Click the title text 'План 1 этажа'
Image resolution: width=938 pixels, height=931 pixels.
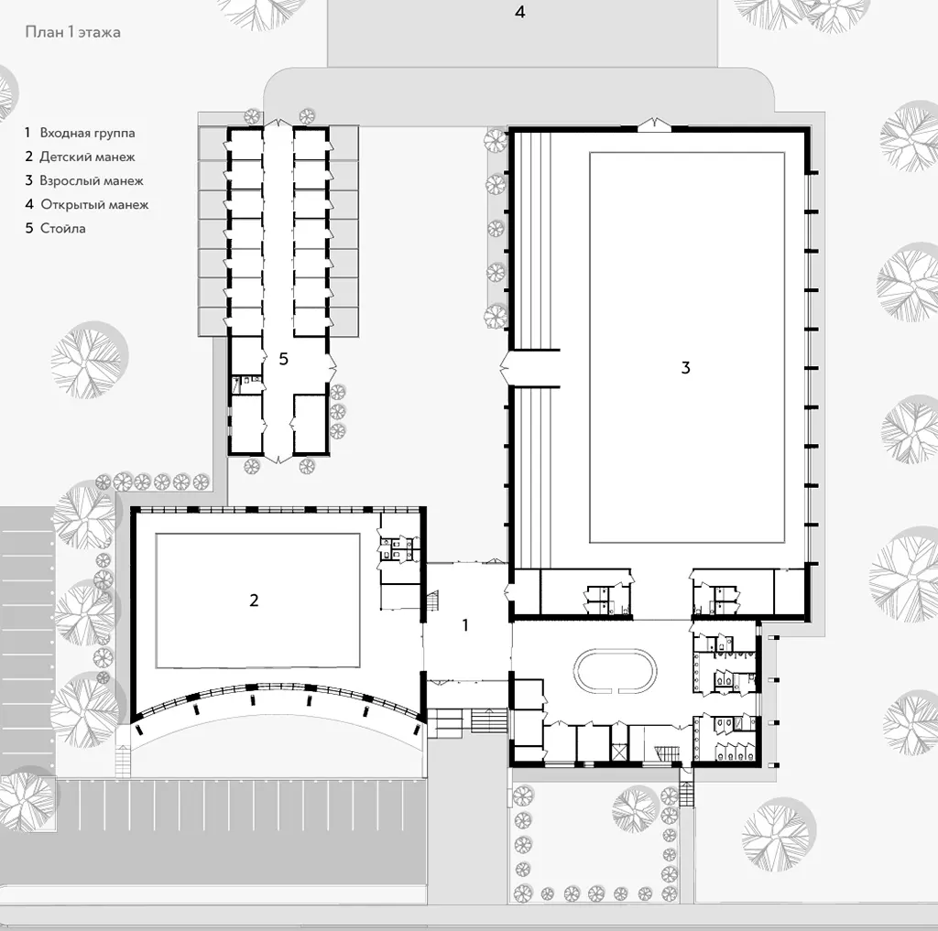click(73, 32)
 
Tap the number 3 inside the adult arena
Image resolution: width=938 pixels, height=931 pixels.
click(685, 367)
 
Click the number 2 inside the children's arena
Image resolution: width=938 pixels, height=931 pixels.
click(255, 600)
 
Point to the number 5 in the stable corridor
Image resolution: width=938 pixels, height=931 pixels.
click(284, 359)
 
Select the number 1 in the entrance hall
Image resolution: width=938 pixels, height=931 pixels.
click(465, 625)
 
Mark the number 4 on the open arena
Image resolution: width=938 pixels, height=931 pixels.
click(520, 12)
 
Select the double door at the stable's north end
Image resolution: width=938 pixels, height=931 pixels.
click(278, 124)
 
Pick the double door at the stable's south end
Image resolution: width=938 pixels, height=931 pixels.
click(278, 458)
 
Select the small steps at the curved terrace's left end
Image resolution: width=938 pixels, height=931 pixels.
click(123, 761)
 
